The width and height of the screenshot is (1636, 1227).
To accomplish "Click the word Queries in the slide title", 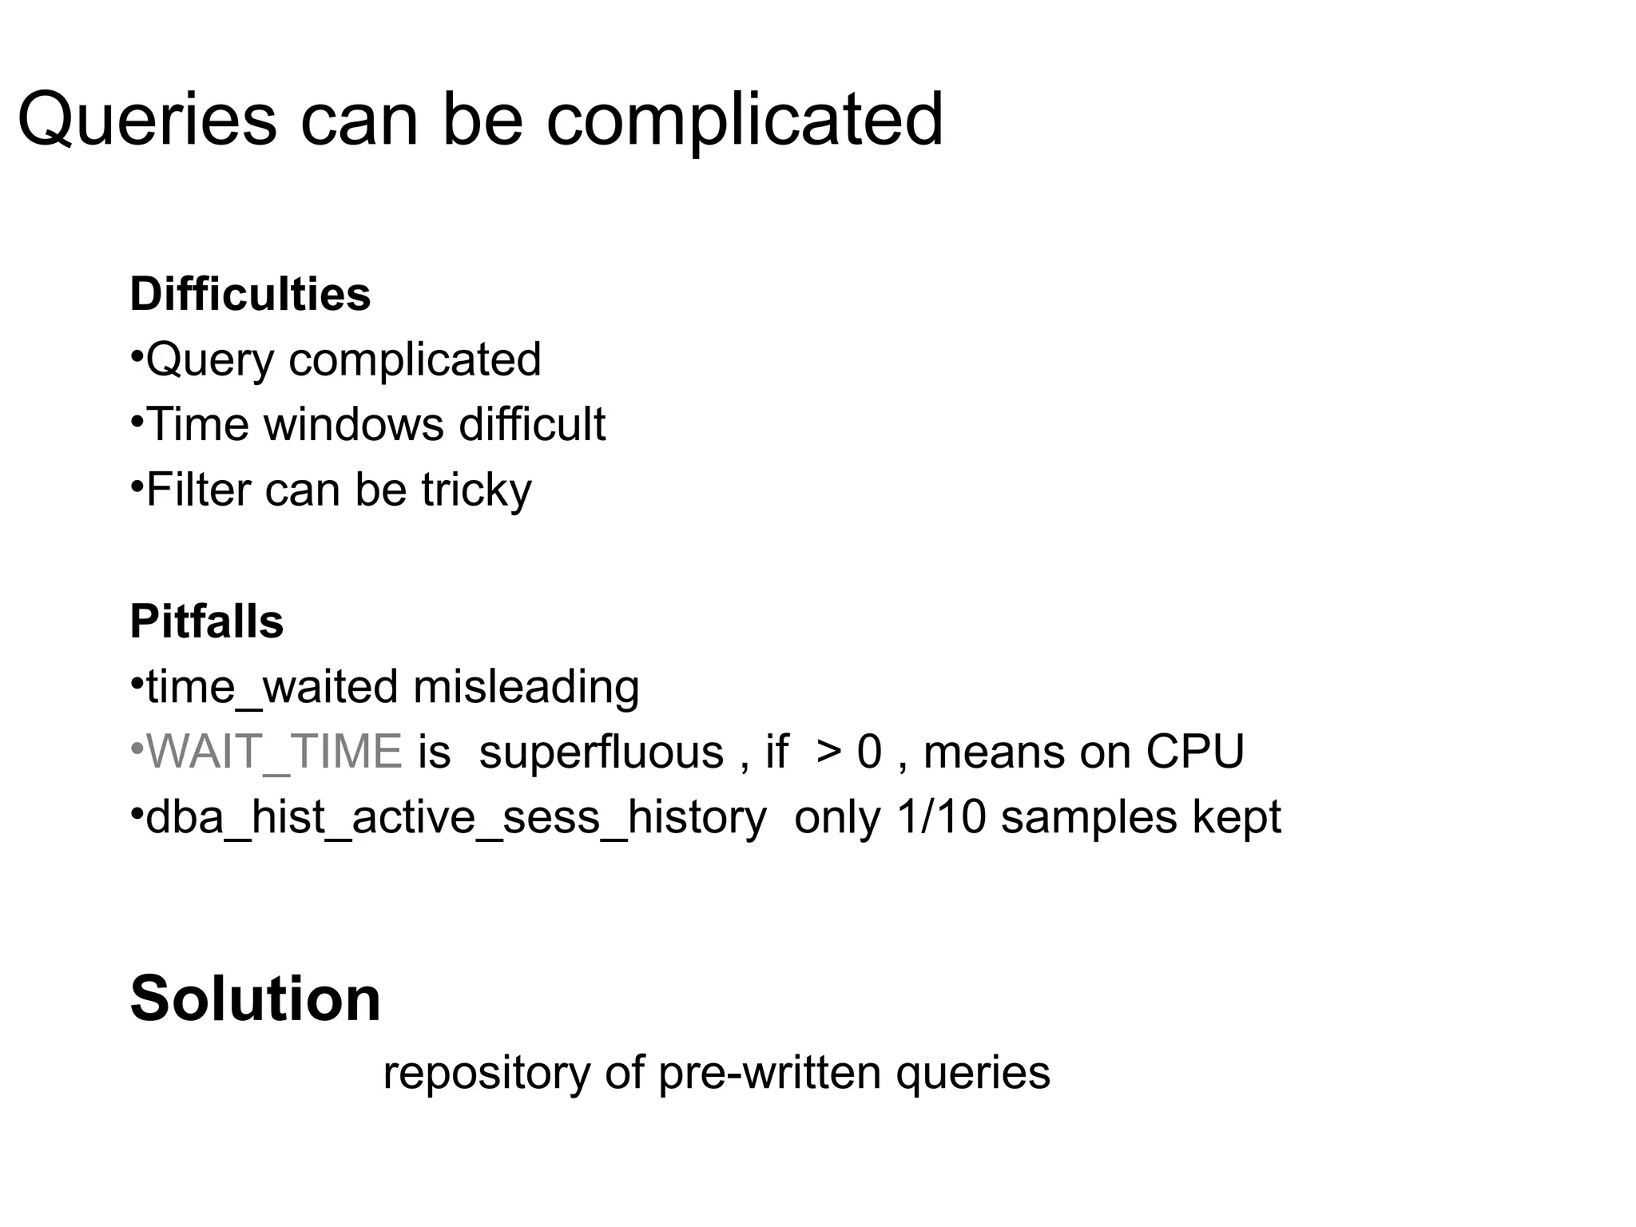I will coord(147,120).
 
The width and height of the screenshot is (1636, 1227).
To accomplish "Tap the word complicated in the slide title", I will coord(745,120).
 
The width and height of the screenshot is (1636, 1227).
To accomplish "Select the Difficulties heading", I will coord(250,294).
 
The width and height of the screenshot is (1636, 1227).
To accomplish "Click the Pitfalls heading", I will coord(206,621).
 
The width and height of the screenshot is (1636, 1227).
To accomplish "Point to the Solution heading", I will coord(255,999).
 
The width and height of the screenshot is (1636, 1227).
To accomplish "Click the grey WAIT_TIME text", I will coord(274,752).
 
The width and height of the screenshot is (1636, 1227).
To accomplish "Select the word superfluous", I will coord(601,752).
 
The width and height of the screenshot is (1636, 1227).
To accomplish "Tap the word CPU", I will coord(1195,752).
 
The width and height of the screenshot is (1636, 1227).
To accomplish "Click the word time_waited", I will coord(272,688).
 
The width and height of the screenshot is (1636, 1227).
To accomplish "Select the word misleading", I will coord(526,688).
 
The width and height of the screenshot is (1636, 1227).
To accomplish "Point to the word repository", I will coord(486,1073).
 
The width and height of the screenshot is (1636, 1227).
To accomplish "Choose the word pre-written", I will coord(769,1073).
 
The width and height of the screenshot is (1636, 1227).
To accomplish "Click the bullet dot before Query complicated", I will coord(137,353).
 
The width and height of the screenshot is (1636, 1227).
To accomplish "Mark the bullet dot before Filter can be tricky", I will coord(137,483).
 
